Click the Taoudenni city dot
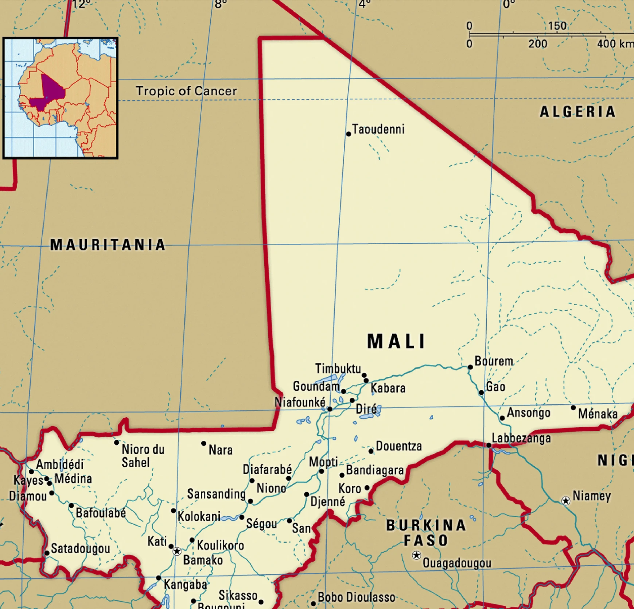point(349,134)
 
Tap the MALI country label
point(396,341)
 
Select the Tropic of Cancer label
point(186,91)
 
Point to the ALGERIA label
point(577,112)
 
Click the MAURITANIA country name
point(108,245)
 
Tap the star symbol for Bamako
point(177,551)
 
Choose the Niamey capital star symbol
point(565,501)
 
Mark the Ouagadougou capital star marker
point(416,555)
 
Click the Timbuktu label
point(338,368)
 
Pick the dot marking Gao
point(481,393)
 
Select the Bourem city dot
point(470,367)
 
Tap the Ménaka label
point(598,414)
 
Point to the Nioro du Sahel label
point(143,456)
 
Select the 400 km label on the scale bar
point(615,44)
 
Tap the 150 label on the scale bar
point(557,26)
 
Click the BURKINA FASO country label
point(426,533)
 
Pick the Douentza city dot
point(371,451)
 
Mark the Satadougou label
point(80,548)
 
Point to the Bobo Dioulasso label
point(356,597)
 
